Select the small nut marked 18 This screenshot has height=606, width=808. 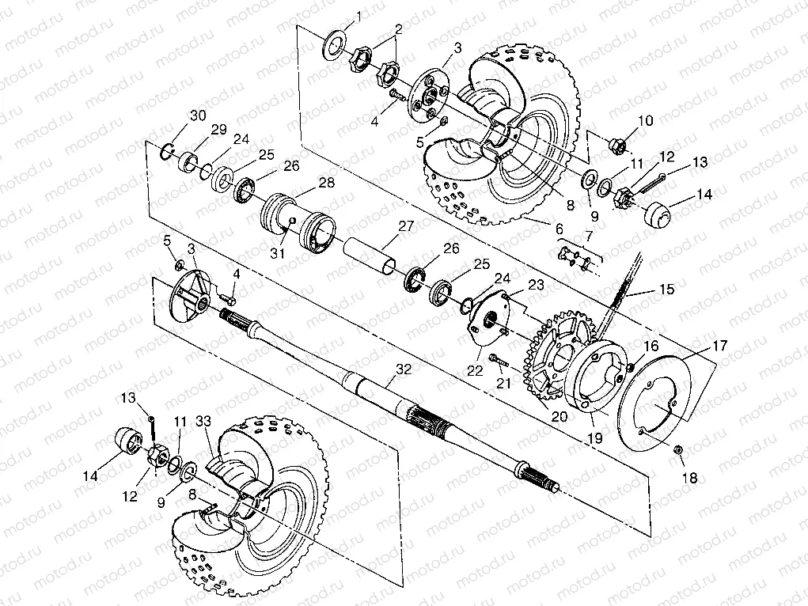point(678,450)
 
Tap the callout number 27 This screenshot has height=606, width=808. point(406,225)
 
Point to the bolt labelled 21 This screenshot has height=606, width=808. point(499,361)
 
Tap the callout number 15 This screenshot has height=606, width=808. point(667,290)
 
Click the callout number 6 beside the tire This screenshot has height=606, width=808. point(559,228)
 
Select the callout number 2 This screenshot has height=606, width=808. point(399,28)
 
